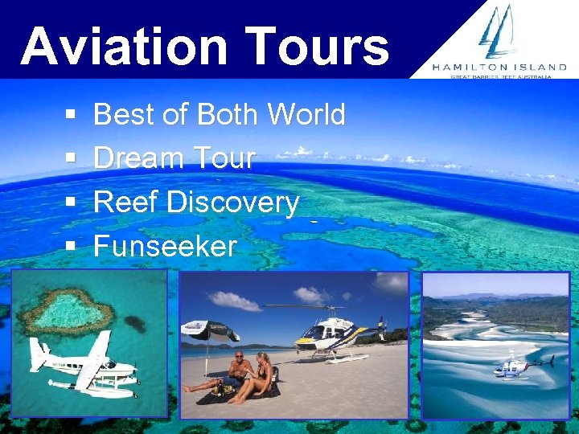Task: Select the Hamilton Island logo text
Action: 499,68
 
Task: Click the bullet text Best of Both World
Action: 219,115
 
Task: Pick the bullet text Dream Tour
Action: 174,158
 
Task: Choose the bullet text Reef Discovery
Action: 196,202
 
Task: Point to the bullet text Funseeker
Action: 165,245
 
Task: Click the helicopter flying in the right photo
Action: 519,366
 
